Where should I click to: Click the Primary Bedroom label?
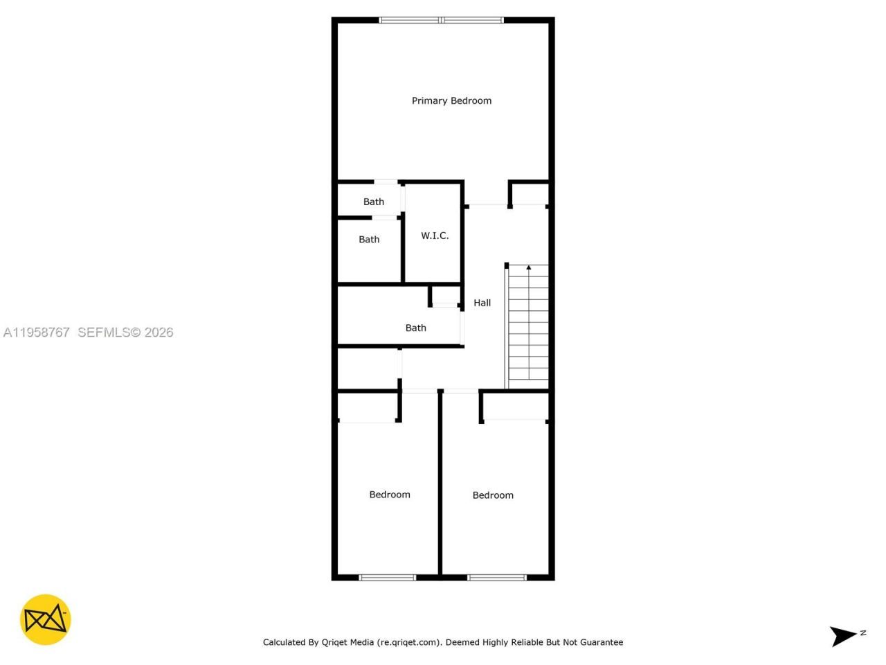coord(451,100)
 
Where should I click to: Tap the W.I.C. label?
coord(435,236)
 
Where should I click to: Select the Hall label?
coord(482,303)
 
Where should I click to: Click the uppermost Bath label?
coord(374,202)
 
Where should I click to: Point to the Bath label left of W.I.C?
coord(369,240)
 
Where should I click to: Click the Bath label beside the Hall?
coord(416,328)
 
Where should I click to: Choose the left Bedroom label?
coord(390,495)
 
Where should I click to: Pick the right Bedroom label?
coord(493,495)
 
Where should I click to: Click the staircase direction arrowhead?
coord(529,267)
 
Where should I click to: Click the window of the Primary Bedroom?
coord(442,20)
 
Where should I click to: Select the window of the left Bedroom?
coord(387,577)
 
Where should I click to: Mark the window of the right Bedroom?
coord(497,577)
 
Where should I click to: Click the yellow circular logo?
coord(45,619)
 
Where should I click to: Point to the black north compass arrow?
coord(843,635)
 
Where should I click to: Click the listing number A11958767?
coord(37,332)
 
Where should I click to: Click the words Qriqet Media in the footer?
coord(347,642)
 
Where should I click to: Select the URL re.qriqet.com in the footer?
coord(408,642)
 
